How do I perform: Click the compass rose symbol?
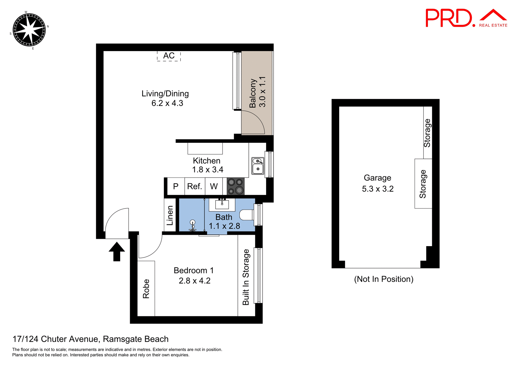tap(29, 30)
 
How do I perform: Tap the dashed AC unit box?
tap(169, 56)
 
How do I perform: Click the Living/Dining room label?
tap(165, 94)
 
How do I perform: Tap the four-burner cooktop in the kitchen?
tap(236, 186)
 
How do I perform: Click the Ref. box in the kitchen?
tap(195, 186)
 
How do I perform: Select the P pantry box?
tap(176, 186)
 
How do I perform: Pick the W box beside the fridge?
tap(214, 186)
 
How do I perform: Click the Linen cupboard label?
tap(170, 215)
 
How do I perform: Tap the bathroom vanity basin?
tap(222, 204)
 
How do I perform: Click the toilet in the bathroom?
tap(247, 215)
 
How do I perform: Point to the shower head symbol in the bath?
tap(192, 223)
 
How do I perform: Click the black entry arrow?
tap(117, 251)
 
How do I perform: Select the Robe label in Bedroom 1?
tap(146, 289)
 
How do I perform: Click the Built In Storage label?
tap(246, 277)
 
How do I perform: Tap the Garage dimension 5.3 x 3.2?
tap(378, 189)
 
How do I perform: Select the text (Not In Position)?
tap(384, 279)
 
